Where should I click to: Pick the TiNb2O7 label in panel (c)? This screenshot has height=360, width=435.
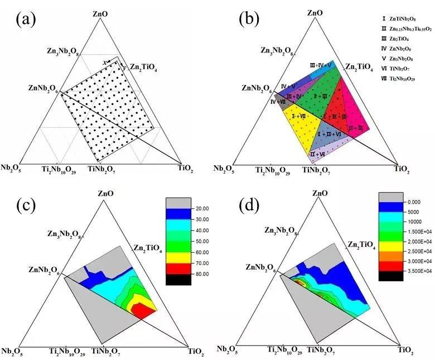pyautogui.click(x=107, y=352)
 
